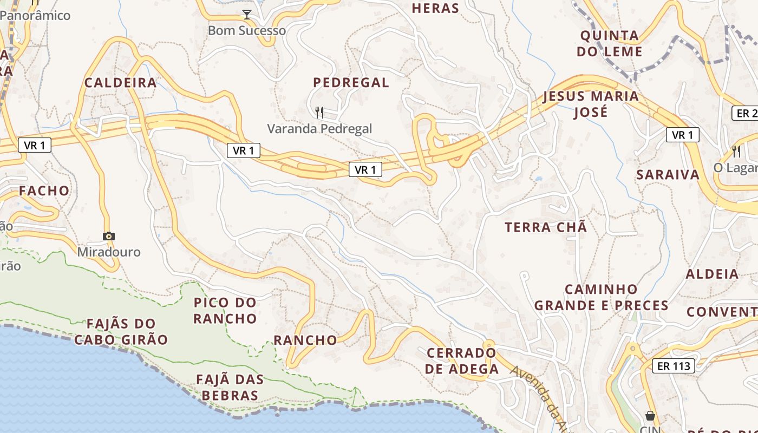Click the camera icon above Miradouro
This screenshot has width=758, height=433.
(x=109, y=236)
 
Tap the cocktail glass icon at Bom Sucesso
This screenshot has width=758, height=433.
(x=247, y=15)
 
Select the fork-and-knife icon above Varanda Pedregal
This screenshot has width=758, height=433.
(x=319, y=113)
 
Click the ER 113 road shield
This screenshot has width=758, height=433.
(x=674, y=366)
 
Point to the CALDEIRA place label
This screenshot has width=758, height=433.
(x=120, y=83)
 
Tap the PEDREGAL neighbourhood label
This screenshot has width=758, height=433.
(x=351, y=82)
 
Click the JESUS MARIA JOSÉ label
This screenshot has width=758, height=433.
(x=591, y=104)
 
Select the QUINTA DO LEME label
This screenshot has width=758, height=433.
(x=609, y=44)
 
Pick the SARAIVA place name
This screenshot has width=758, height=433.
(x=668, y=175)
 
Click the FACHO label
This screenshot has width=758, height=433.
(x=44, y=191)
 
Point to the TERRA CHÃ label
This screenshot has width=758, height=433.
(x=546, y=227)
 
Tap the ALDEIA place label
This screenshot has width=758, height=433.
(x=712, y=274)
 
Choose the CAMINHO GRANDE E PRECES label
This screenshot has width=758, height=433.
(x=601, y=297)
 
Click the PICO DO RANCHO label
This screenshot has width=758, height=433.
(x=225, y=310)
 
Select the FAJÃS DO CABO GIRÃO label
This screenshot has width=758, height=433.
(x=121, y=332)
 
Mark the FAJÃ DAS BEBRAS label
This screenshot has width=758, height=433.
(x=230, y=388)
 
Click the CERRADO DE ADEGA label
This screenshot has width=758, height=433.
(x=461, y=361)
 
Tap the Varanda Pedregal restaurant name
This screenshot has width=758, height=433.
(x=319, y=129)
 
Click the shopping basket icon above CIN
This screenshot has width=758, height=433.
(x=650, y=416)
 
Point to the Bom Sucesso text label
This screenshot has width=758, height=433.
(x=247, y=30)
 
